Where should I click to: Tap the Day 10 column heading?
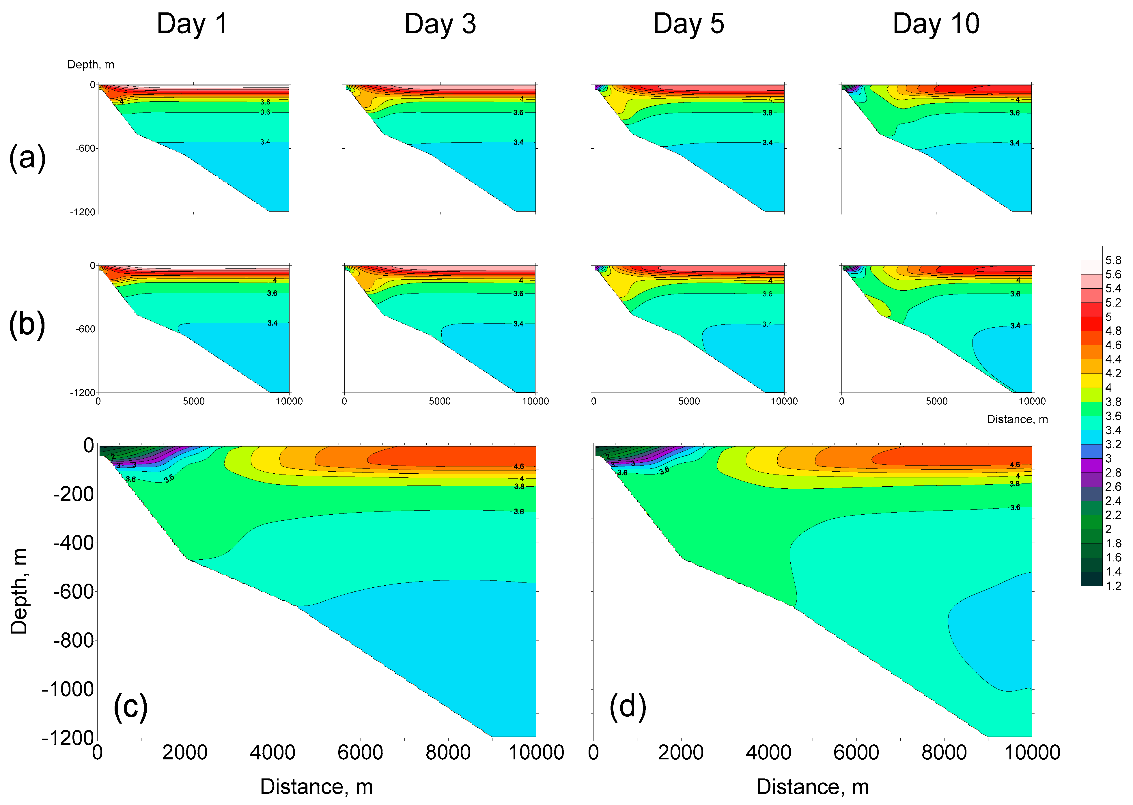[936, 24]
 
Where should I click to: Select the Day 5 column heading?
[688, 24]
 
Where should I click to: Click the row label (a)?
[27, 158]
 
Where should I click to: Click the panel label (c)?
[130, 706]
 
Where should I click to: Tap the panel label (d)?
[628, 706]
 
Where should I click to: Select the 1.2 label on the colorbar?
[1113, 586]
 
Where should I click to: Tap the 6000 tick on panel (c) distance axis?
[360, 752]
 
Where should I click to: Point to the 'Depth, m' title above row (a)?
[91, 64]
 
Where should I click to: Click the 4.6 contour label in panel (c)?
[518, 466]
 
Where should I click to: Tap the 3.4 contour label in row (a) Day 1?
[265, 142]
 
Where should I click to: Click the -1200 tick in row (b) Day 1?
[82, 393]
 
